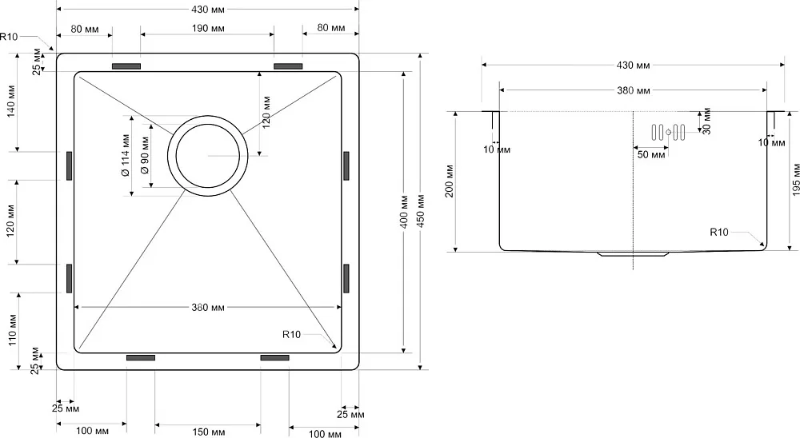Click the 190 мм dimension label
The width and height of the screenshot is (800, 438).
click(x=208, y=29)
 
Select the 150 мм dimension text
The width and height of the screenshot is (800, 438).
click(x=208, y=432)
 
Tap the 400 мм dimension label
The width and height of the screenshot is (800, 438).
click(x=404, y=211)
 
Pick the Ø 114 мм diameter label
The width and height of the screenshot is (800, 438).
click(x=126, y=155)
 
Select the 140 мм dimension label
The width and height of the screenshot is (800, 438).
click(x=11, y=101)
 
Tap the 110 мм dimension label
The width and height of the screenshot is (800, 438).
click(x=12, y=330)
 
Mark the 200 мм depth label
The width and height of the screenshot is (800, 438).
click(x=450, y=181)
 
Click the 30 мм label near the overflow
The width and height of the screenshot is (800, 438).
click(x=706, y=121)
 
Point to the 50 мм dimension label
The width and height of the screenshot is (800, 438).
click(x=651, y=154)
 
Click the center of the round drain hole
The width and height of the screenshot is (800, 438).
click(x=208, y=156)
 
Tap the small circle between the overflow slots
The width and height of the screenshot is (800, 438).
click(x=668, y=133)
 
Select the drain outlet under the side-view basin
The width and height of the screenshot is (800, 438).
click(x=633, y=253)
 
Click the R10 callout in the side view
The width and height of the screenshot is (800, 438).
click(x=719, y=232)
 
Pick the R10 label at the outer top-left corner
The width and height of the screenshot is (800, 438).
click(x=9, y=37)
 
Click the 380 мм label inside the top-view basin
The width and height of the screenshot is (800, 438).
click(x=208, y=308)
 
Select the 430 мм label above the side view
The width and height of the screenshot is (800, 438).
click(x=633, y=66)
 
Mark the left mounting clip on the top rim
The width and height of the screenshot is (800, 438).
click(x=126, y=66)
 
